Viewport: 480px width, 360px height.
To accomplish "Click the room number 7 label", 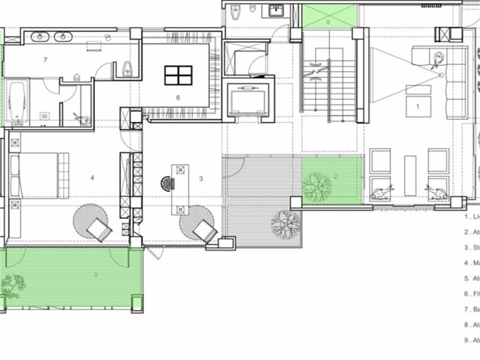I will click(x=45, y=59).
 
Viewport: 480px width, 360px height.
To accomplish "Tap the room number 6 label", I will click(x=178, y=98).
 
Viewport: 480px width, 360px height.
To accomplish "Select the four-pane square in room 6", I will click(x=178, y=75).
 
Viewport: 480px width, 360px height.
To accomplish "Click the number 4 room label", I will click(x=92, y=178).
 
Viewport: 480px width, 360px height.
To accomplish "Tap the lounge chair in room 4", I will click(x=99, y=229).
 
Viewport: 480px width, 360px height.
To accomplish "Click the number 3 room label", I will click(x=201, y=178).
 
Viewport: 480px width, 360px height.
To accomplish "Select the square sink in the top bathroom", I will click(x=276, y=11).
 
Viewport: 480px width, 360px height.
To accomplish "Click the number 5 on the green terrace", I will click(x=95, y=275).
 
